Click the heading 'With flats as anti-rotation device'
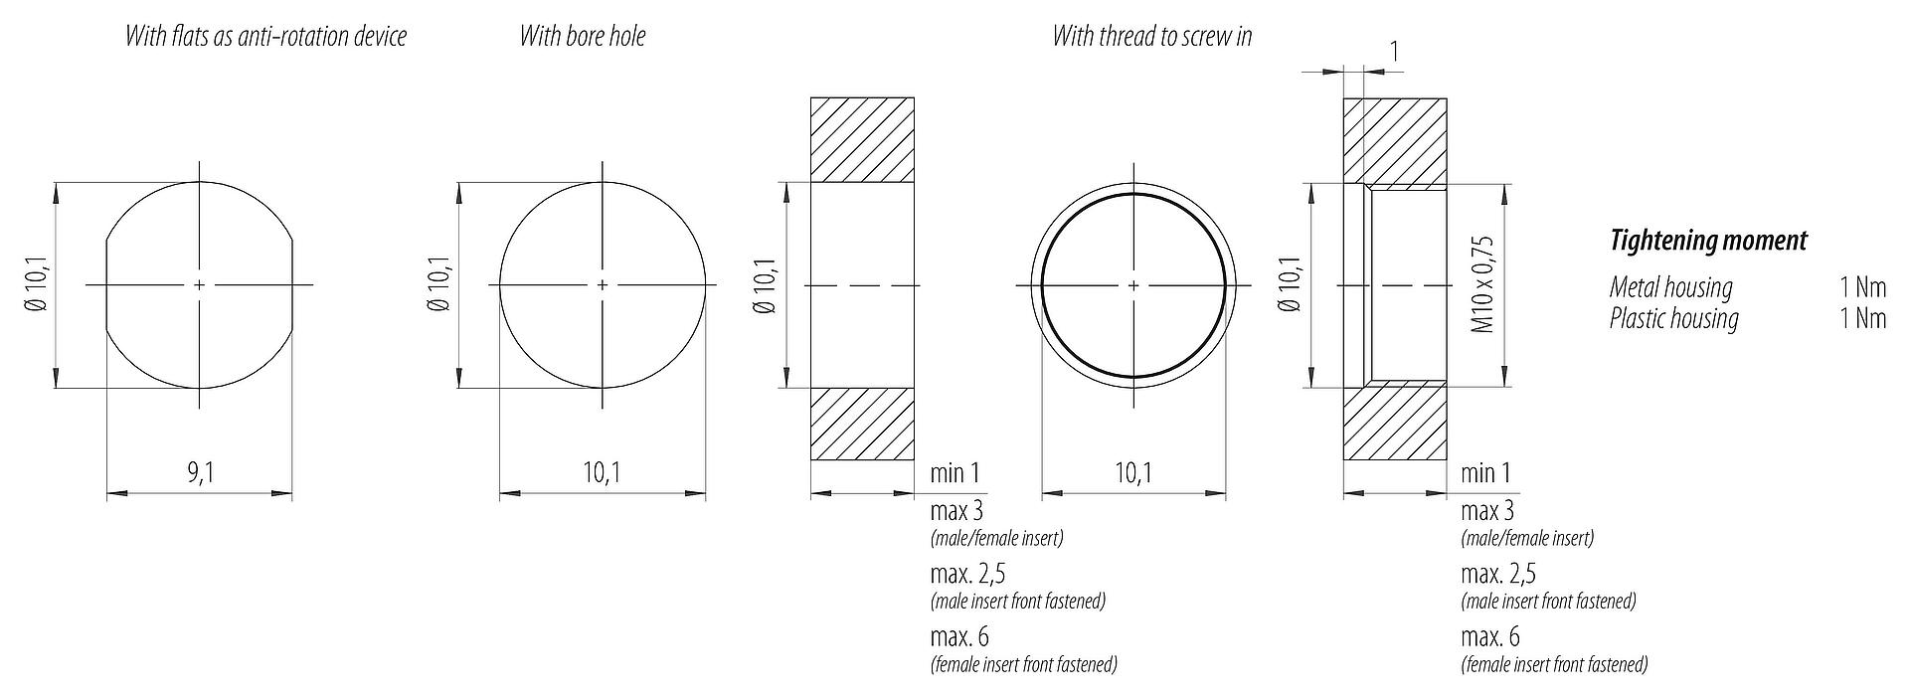click(x=265, y=37)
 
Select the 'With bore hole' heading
click(x=582, y=37)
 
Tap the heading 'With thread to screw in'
click(x=1152, y=37)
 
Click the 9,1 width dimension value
click(x=201, y=473)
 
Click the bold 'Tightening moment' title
click(x=1708, y=241)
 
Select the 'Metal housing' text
click(x=1670, y=287)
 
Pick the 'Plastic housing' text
click(x=1674, y=319)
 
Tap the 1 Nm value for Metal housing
click(x=1862, y=287)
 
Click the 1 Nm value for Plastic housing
click(x=1862, y=319)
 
